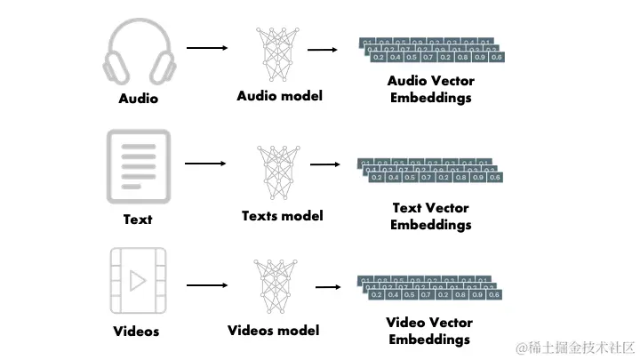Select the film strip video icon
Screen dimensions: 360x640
[x=137, y=281]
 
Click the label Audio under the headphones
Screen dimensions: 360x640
[x=138, y=99]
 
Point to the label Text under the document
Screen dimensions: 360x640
[x=137, y=219]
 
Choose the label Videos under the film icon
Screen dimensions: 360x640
[x=137, y=332]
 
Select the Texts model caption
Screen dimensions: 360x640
[x=282, y=215]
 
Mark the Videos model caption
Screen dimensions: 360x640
[x=274, y=331]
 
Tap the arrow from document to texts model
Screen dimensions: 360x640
[x=205, y=164]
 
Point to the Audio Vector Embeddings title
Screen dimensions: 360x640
[x=431, y=89]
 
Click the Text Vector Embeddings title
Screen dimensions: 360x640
[x=431, y=216]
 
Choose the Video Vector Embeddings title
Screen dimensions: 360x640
[x=431, y=331]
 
